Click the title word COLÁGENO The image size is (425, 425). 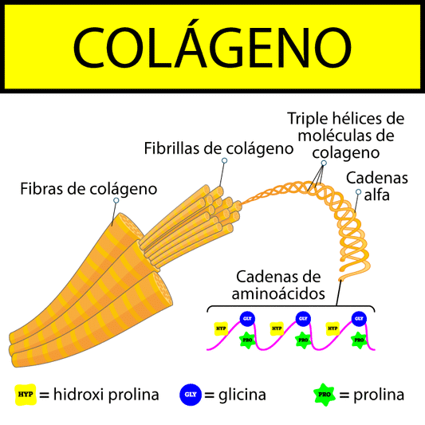click(x=212, y=45)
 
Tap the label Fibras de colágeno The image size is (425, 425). click(x=88, y=189)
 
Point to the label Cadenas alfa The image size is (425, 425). click(x=376, y=185)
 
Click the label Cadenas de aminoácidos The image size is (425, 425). click(x=278, y=285)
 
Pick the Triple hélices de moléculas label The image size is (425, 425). click(x=345, y=135)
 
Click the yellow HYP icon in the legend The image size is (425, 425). click(x=26, y=394)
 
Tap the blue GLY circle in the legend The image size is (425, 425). click(x=191, y=394)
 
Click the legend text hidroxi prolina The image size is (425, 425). click(x=106, y=395)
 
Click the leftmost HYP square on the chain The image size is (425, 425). click(x=221, y=328)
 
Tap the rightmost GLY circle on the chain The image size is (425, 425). click(x=359, y=318)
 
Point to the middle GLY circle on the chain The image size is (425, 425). click(x=303, y=318)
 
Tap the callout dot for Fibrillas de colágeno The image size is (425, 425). click(x=224, y=161)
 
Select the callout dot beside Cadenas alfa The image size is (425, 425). click(x=358, y=192)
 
